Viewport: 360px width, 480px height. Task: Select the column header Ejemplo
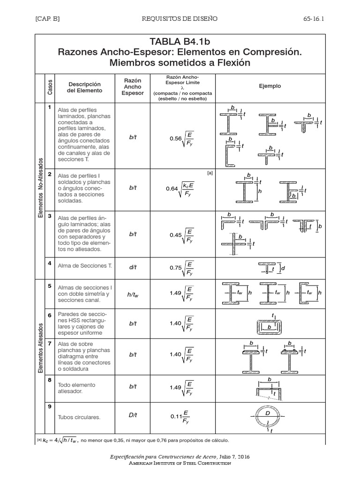coord(270,86)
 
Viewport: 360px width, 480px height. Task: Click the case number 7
coord(49,343)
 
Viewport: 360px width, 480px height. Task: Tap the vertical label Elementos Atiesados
coord(41,348)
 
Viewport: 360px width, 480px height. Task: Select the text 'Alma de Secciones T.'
coord(84,266)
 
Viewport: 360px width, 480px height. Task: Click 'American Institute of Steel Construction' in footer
coord(180,463)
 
